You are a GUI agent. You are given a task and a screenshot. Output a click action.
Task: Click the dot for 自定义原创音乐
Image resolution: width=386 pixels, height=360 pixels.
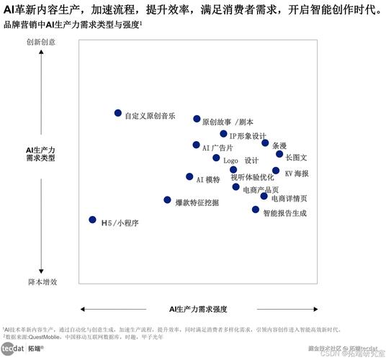pyautogui.click(x=118, y=113)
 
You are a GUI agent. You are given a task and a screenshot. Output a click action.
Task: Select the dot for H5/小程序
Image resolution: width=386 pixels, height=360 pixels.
pyautogui.click(x=92, y=220)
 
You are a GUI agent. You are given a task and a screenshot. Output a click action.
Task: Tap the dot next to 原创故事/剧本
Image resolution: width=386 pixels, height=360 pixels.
pyautogui.click(x=197, y=119)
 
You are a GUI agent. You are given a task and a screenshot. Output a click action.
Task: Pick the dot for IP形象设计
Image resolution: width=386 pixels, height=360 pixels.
pyautogui.click(x=224, y=134)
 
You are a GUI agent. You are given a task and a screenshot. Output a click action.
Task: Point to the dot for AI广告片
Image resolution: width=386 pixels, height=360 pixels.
pyautogui.click(x=196, y=145)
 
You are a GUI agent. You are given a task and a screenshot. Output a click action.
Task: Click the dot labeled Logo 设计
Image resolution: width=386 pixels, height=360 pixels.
pyautogui.click(x=216, y=158)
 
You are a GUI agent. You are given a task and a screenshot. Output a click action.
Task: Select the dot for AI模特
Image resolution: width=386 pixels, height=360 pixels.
pyautogui.click(x=189, y=176)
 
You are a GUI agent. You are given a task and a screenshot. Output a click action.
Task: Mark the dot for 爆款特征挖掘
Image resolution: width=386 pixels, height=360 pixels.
pyautogui.click(x=168, y=200)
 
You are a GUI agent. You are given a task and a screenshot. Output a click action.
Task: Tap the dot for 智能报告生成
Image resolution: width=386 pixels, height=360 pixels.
pyautogui.click(x=256, y=210)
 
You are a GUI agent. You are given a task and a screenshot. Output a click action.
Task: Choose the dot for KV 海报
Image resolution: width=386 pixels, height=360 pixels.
pyautogui.click(x=276, y=171)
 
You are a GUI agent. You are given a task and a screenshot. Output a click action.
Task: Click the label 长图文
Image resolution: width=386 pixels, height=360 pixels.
pyautogui.click(x=296, y=157)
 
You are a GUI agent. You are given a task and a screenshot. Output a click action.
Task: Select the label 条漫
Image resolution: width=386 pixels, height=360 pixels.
pyautogui.click(x=279, y=145)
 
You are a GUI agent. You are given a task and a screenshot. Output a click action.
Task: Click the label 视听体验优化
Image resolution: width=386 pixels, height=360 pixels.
pyautogui.click(x=252, y=177)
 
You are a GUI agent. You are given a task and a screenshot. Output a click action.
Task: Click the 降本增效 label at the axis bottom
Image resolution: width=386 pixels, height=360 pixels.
pyautogui.click(x=42, y=282)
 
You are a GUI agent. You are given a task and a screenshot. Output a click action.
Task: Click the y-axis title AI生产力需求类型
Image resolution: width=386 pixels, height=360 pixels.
pyautogui.click(x=41, y=153)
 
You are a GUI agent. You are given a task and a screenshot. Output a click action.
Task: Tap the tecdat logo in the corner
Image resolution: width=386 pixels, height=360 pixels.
pyautogui.click(x=12, y=348)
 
